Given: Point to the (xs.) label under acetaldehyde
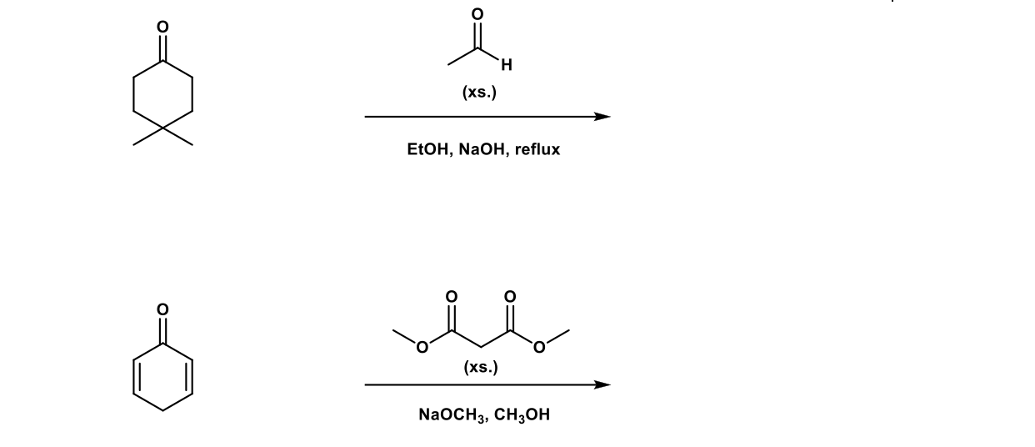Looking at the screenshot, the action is click(x=479, y=93).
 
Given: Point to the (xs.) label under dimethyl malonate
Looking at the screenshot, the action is click(x=481, y=367).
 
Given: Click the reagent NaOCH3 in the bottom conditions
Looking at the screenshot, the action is click(x=452, y=414).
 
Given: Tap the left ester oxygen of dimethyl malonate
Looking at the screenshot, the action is click(x=422, y=348).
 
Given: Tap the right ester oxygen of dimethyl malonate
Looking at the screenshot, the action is click(x=540, y=348).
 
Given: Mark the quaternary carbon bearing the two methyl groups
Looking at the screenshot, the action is click(x=163, y=129).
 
